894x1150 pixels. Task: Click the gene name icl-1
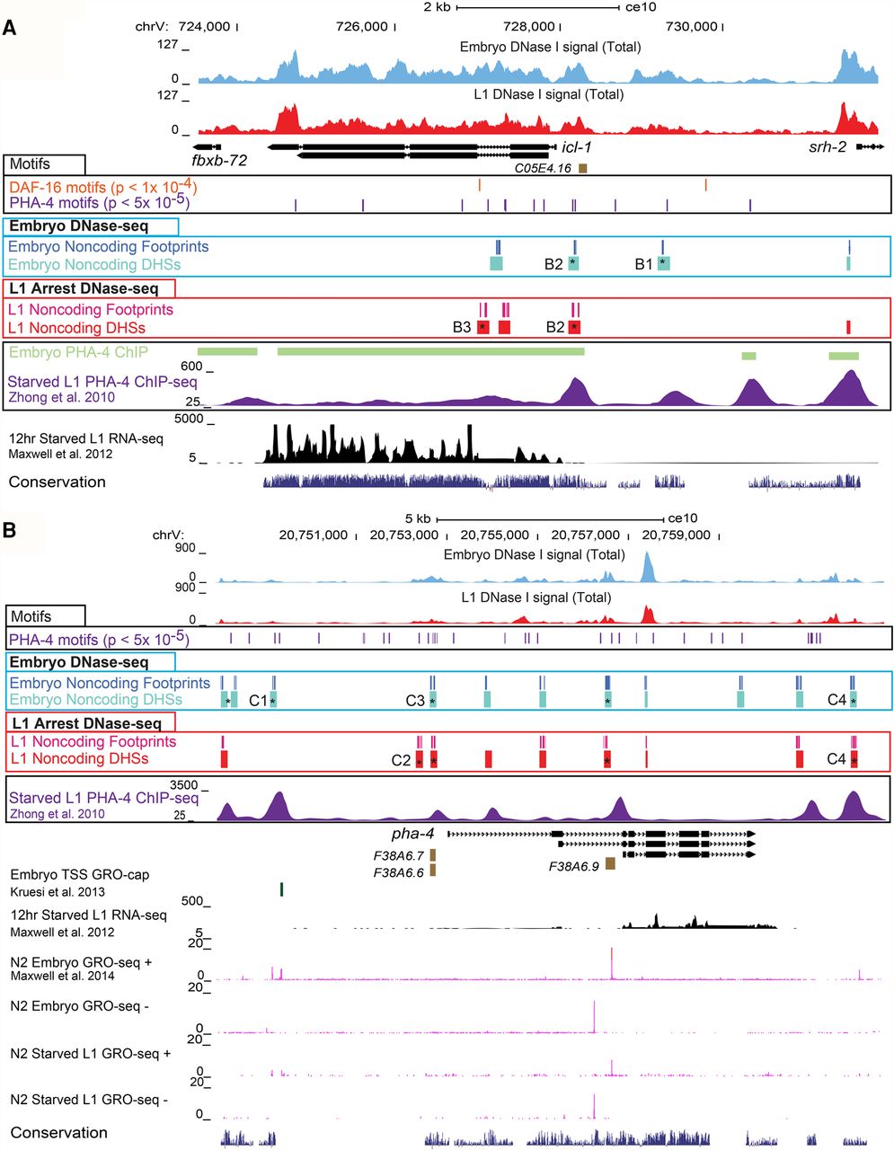pos(576,147)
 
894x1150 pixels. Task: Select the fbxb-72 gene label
pos(219,160)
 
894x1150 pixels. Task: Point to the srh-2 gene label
pos(828,147)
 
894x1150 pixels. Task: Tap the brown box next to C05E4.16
pos(582,168)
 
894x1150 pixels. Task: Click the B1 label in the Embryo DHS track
pos(644,264)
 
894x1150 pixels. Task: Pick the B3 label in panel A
pos(462,327)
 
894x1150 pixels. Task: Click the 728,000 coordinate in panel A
pos(529,26)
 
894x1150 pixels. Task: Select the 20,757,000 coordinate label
pos(586,535)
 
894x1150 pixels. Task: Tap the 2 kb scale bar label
pos(437,7)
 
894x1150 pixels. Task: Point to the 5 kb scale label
pos(418,518)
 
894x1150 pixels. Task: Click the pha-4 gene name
pos(413,834)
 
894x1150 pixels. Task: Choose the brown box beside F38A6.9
pos(610,863)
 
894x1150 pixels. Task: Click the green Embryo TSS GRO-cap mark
pos(281,889)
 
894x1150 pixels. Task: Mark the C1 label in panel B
pos(258,701)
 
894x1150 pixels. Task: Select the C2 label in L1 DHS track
pos(401,760)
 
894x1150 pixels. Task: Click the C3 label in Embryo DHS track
pos(415,701)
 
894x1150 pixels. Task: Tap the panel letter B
pos(10,530)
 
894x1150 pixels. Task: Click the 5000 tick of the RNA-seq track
pos(189,419)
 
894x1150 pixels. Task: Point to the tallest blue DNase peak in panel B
pos(647,566)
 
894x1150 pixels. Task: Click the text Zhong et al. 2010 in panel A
pos(61,397)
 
